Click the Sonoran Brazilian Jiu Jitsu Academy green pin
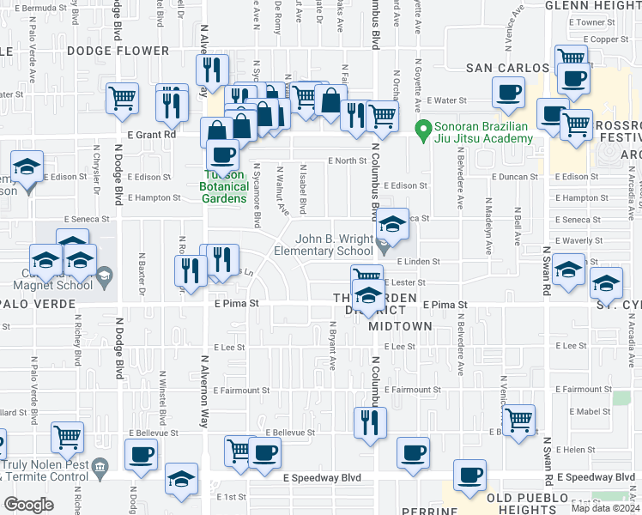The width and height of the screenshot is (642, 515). coord(422,131)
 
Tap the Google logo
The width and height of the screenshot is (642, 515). coord(28,505)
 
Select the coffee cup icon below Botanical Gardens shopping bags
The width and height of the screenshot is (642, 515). coord(223,154)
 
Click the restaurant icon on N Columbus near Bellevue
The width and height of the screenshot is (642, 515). coord(370,421)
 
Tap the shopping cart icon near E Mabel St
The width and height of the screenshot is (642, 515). coord(518,420)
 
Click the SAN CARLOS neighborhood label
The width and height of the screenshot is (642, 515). coord(506,68)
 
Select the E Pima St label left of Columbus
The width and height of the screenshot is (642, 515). coord(237,304)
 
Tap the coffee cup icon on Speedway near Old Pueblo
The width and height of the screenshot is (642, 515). coord(469,475)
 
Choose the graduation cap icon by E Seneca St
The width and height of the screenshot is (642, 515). coord(393,226)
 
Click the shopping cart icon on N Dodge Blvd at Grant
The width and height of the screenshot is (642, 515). coord(123,98)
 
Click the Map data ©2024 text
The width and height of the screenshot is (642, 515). coord(604,508)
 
